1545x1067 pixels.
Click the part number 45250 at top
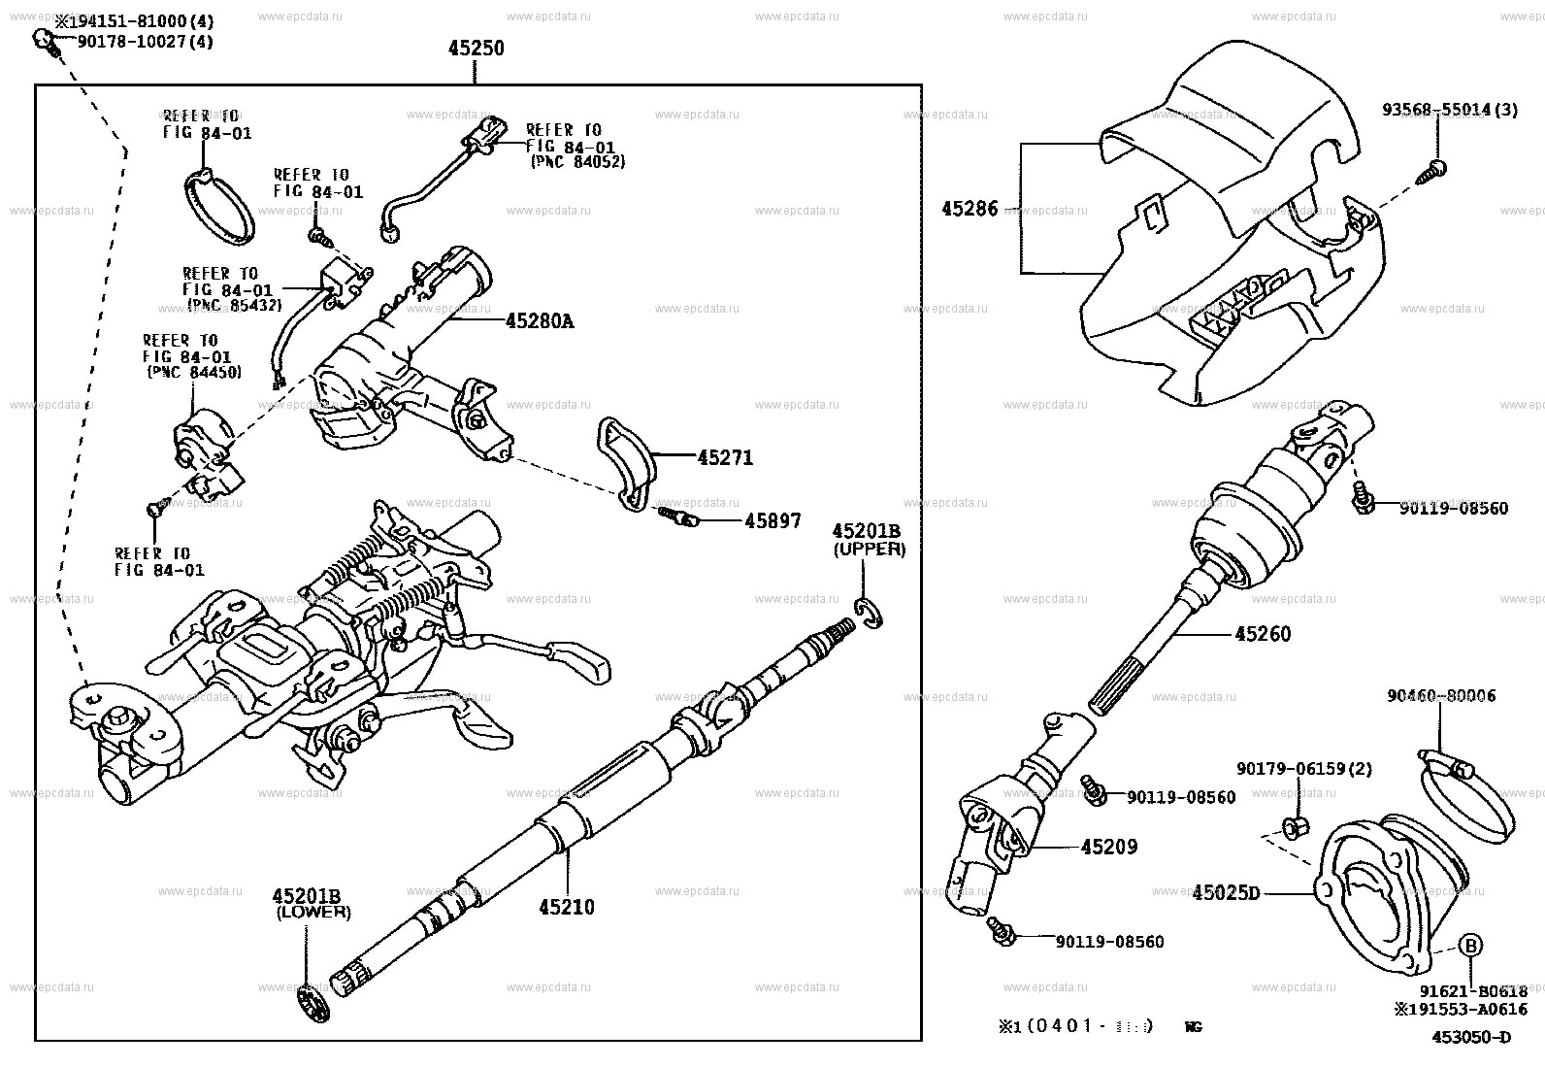tap(476, 48)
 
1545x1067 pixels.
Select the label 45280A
tap(539, 320)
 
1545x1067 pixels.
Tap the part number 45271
tap(724, 457)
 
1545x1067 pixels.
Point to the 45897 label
tap(772, 521)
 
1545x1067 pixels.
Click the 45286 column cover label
tap(969, 208)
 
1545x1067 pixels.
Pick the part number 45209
tap(1108, 847)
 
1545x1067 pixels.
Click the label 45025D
tap(1225, 891)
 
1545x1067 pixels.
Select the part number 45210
tap(567, 907)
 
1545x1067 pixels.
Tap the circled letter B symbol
tap(1470, 945)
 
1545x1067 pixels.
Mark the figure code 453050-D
tap(1471, 1036)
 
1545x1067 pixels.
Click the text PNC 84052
tap(577, 162)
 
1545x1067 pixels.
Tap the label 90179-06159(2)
tap(1304, 769)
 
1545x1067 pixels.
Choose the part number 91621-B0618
tap(1472, 990)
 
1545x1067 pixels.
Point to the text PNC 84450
tap(194, 372)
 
